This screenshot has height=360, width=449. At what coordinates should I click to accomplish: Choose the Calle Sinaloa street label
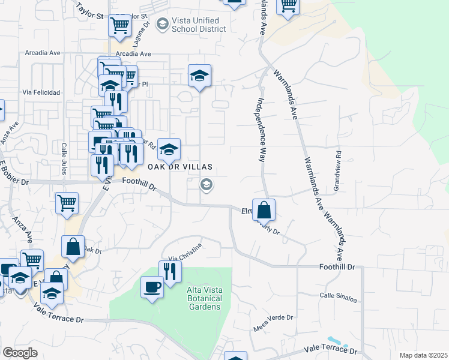(x=338, y=295)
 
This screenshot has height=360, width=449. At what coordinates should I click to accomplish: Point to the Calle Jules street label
(x=63, y=158)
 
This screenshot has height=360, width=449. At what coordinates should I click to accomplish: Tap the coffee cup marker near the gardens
(x=151, y=287)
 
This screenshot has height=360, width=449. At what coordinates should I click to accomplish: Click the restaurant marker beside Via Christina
(x=170, y=271)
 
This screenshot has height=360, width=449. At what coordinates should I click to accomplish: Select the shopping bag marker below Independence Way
(x=264, y=209)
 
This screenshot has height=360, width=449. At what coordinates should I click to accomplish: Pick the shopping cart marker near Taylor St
(x=120, y=25)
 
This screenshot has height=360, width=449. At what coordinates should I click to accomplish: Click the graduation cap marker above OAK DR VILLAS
(x=199, y=75)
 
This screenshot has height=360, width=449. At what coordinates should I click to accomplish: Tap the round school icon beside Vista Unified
(x=161, y=24)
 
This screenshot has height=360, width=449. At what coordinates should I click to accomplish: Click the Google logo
(x=20, y=353)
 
